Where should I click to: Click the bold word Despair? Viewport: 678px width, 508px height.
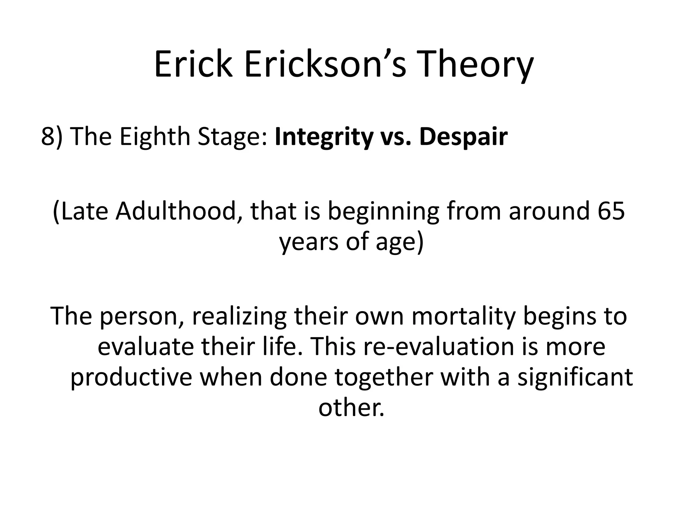[463, 137]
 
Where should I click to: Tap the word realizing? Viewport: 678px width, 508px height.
[239, 316]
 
